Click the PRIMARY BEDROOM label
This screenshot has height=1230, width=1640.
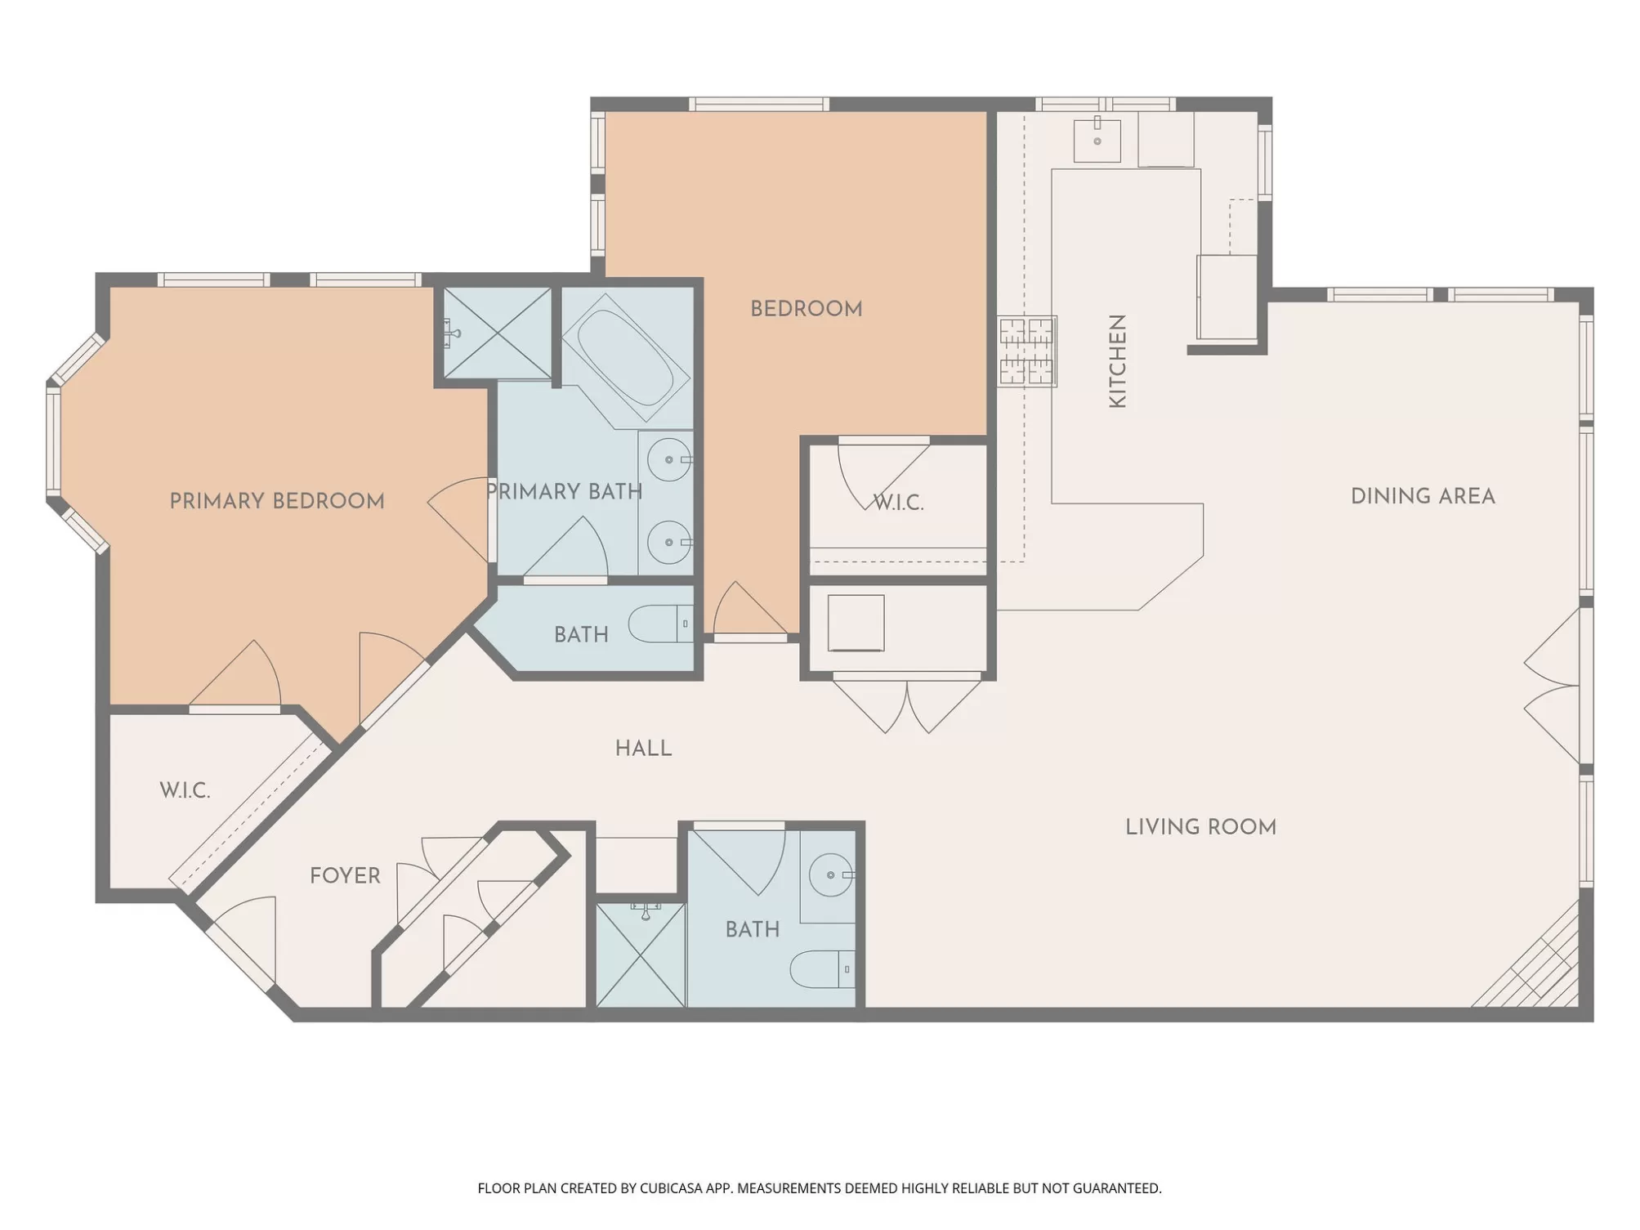coord(277,501)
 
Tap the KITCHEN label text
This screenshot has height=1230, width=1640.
coord(1117,360)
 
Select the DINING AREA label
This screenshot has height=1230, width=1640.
coord(1423,496)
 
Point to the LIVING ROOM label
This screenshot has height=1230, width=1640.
coord(1200,827)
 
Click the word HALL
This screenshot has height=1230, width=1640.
coord(643,749)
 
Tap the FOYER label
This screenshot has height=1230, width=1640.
coord(345,876)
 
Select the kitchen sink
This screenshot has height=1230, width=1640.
coord(1097,140)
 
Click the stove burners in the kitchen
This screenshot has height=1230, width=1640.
coord(1026,351)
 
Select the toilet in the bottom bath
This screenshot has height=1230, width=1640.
coord(822,969)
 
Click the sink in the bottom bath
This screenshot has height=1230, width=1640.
coord(832,874)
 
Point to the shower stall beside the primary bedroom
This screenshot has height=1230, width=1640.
coord(497,333)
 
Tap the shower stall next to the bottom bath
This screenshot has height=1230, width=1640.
coord(640,955)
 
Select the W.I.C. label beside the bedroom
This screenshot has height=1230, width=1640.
coord(898,503)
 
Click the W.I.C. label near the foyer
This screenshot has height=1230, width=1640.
coord(185,790)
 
